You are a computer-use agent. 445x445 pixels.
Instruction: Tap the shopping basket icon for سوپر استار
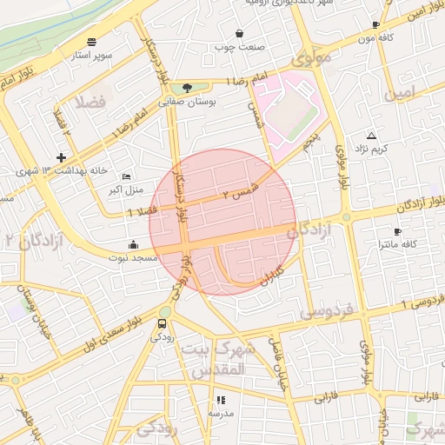92,41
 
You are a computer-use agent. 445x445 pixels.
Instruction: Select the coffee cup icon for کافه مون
375,25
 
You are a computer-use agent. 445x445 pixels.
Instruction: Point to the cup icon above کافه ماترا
397,231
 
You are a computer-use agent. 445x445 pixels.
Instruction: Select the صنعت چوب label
239,46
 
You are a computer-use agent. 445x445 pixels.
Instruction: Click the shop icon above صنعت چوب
239,33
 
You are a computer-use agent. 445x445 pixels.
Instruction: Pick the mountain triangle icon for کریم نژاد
372,136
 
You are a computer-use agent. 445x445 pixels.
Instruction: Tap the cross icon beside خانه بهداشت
61,157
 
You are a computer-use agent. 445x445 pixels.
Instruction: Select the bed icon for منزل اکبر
127,176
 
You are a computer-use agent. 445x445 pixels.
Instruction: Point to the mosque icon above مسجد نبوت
132,244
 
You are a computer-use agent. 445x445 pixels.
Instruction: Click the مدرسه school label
221,414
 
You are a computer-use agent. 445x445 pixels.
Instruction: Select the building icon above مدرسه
221,401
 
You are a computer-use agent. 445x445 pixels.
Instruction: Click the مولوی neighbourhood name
311,60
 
